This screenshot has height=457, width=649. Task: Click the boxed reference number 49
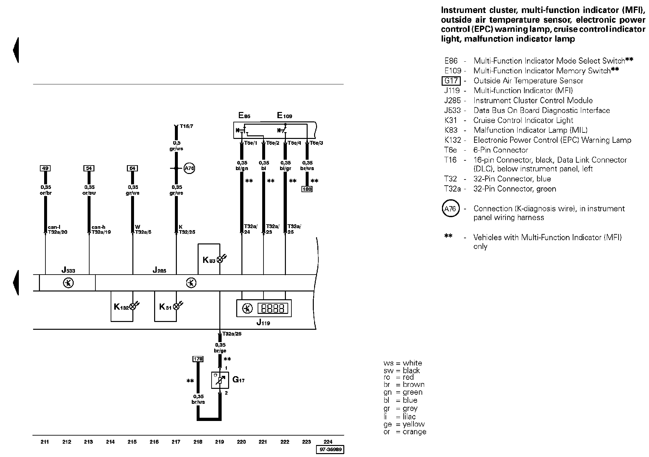coord(45,168)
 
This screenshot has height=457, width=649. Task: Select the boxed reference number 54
coord(89,168)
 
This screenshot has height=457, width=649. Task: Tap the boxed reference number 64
coord(132,168)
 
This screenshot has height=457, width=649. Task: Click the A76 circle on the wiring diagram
coord(189,168)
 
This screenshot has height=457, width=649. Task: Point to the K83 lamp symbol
coord(220,259)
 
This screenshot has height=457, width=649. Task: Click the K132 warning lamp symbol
coord(133,306)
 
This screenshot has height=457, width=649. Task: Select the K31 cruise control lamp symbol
coord(176,306)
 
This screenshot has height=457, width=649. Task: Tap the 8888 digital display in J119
coord(273,308)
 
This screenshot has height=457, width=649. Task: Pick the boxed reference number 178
coord(198,359)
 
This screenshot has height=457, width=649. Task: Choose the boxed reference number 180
coord(307,189)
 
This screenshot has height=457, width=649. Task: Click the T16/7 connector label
coord(186,126)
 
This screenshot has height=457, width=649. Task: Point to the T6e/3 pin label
coord(316,143)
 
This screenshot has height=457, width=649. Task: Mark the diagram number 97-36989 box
coord(330,450)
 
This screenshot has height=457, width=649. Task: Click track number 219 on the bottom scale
coord(220,442)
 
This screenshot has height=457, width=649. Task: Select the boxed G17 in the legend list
coord(451,81)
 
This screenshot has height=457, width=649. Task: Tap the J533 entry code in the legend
coord(452,110)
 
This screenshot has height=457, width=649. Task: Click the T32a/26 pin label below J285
coord(232,334)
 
